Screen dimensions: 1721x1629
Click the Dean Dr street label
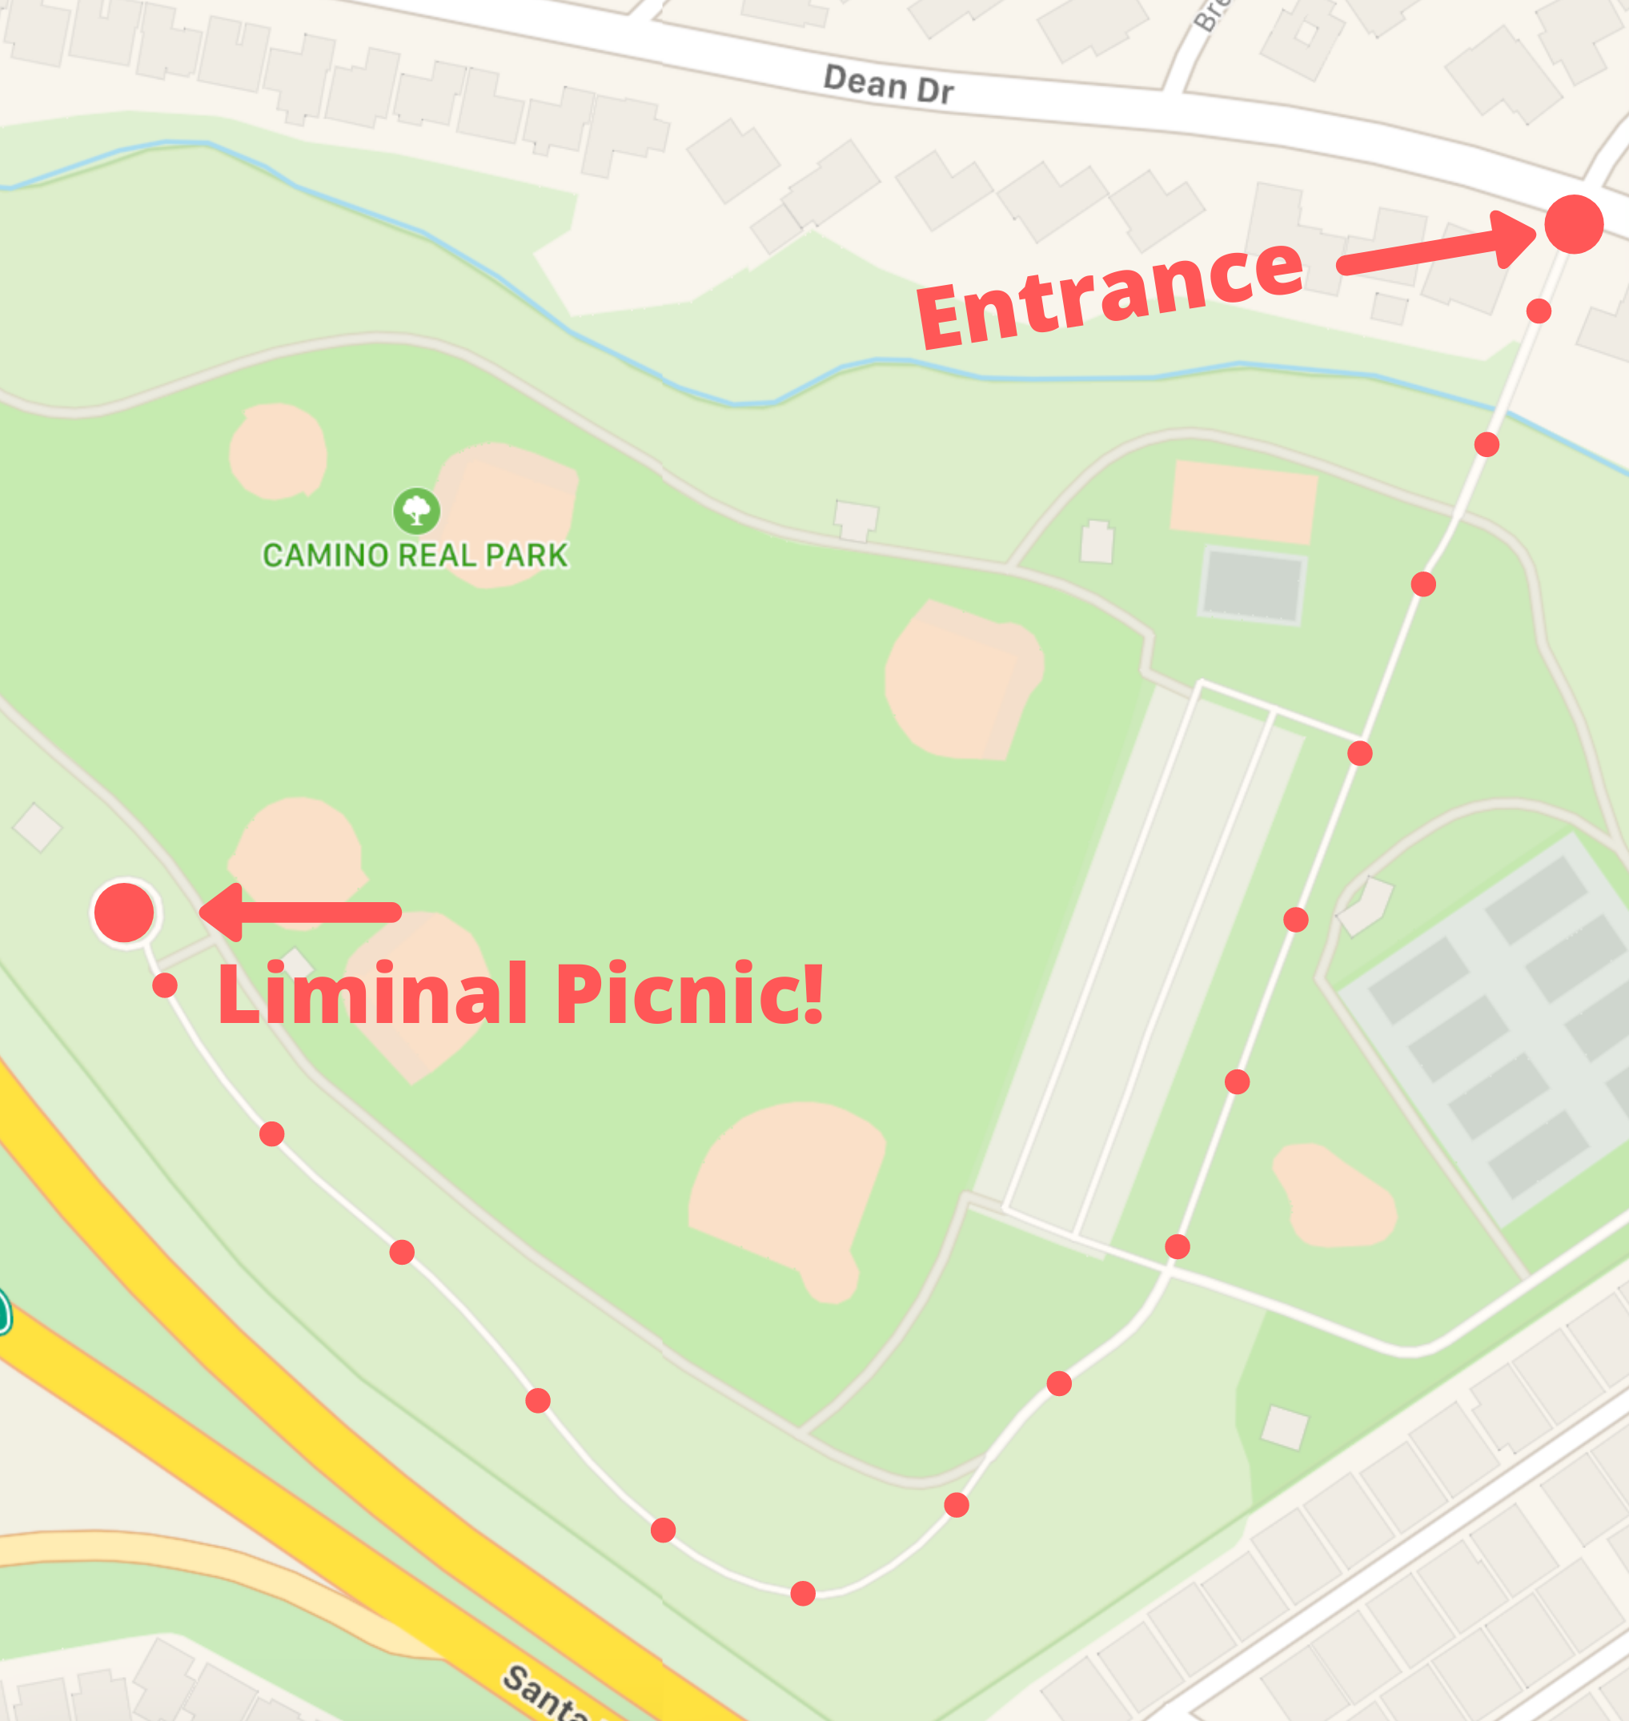(888, 84)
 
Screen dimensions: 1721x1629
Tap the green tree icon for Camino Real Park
(417, 511)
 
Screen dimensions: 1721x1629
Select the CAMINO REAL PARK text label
(415, 555)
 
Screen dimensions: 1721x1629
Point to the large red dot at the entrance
(1574, 224)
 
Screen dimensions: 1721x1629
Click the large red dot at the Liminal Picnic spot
(124, 913)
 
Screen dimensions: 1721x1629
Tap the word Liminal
(372, 993)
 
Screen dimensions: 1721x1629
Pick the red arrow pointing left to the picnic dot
(299, 913)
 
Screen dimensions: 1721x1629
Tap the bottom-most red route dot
(803, 1594)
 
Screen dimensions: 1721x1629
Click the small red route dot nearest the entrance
(1539, 311)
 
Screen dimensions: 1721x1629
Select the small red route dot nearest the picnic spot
(165, 985)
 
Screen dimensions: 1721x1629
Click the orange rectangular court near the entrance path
(1243, 503)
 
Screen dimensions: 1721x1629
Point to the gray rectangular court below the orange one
(1252, 585)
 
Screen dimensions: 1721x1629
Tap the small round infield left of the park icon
(278, 451)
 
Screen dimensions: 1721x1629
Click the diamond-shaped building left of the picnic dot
(38, 828)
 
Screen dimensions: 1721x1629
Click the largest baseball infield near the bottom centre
(786, 1189)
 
